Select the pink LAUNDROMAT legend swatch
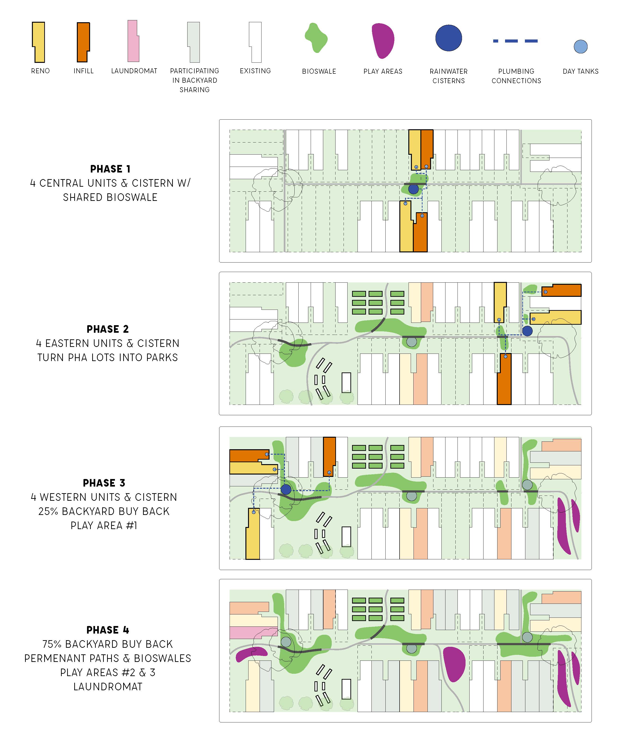pyautogui.click(x=133, y=41)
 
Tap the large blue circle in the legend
pyautogui.click(x=449, y=38)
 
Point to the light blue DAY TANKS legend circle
pyautogui.click(x=580, y=47)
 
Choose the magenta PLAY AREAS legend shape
pyautogui.click(x=383, y=40)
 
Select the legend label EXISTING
pyautogui.click(x=255, y=71)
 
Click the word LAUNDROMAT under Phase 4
pyautogui.click(x=108, y=687)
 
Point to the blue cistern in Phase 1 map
pyautogui.click(x=414, y=189)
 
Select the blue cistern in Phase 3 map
pyautogui.click(x=286, y=489)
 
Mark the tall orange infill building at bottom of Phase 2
pyautogui.click(x=504, y=379)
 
